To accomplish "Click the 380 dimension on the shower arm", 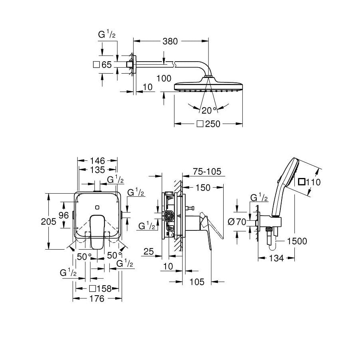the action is [x=170, y=41].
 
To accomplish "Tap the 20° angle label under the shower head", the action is [x=209, y=111].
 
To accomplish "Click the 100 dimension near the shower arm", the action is [x=164, y=78].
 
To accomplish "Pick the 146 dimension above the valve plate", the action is [x=97, y=161].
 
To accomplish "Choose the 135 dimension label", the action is [x=97, y=170].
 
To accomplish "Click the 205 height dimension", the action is [x=48, y=222].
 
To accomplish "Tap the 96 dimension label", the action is [x=64, y=215].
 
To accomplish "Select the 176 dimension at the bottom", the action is [x=97, y=299].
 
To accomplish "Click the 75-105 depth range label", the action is [x=207, y=172].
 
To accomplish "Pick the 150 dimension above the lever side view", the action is [x=203, y=188].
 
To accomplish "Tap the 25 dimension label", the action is [x=148, y=252].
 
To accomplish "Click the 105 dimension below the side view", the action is [x=197, y=282].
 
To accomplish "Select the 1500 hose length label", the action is [x=297, y=241].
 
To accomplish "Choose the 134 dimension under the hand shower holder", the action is [x=276, y=258].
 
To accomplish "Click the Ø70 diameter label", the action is [x=237, y=222].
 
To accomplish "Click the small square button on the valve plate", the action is [x=97, y=208].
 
